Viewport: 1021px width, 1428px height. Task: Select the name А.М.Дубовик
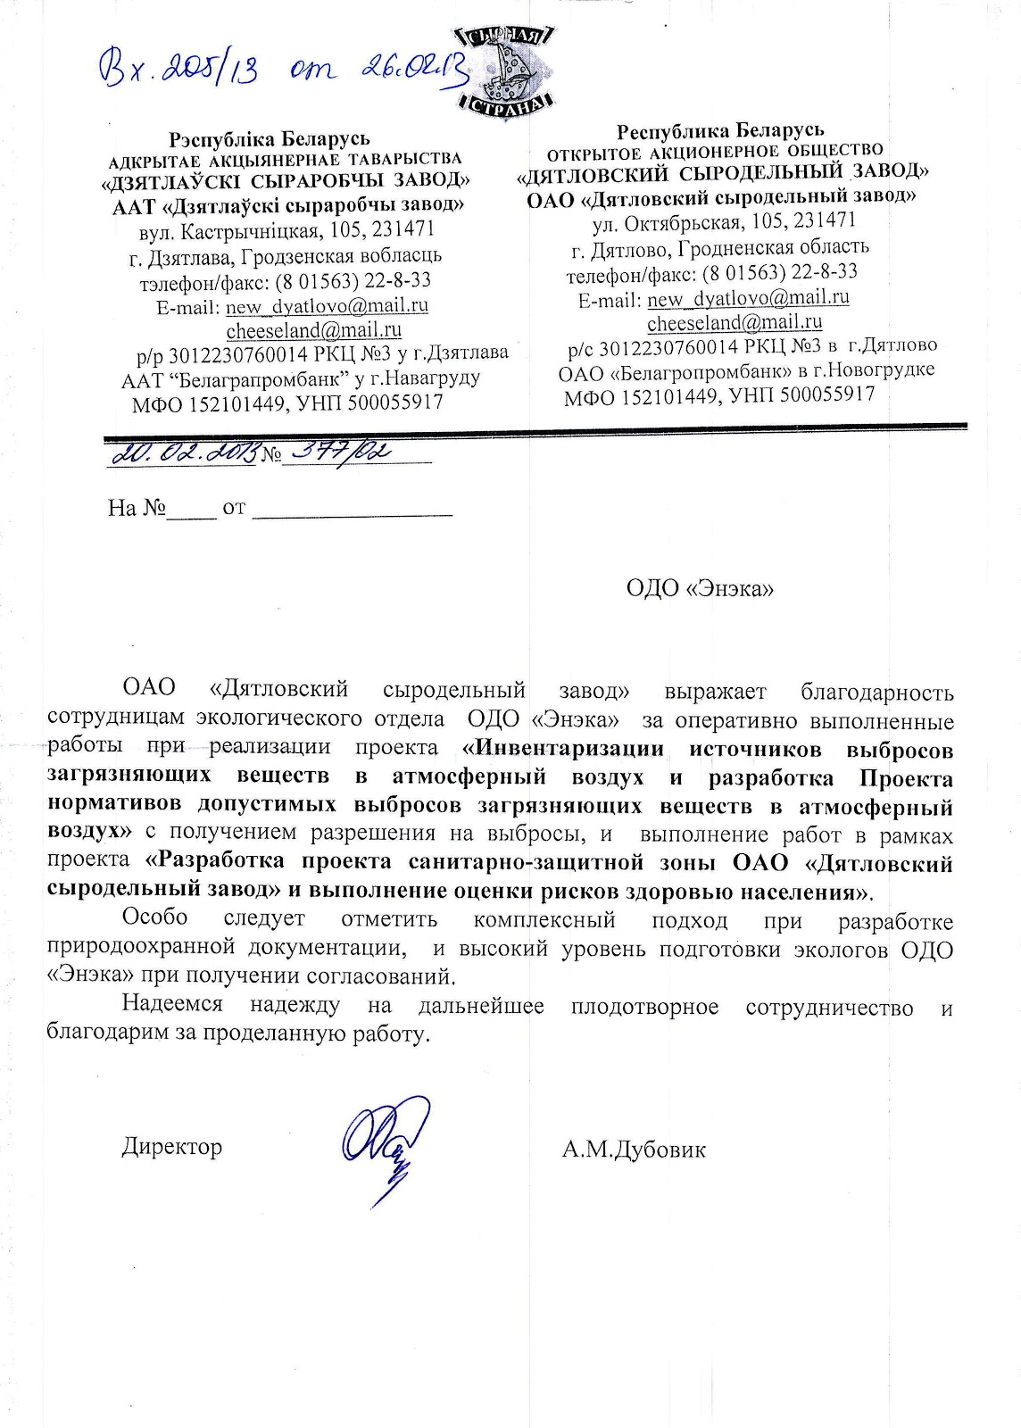[x=634, y=1149]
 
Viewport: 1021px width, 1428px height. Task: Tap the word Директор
[x=172, y=1146]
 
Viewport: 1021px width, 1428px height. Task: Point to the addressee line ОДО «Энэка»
[x=700, y=588]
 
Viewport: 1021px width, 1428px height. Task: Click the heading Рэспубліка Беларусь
[x=270, y=138]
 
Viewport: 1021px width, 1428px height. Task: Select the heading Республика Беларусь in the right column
[x=720, y=131]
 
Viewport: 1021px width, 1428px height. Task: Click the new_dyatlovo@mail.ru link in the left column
[x=327, y=306]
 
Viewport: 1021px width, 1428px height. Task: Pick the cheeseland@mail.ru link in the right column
[x=735, y=322]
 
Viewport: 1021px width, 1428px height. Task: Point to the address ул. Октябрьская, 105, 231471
[x=724, y=220]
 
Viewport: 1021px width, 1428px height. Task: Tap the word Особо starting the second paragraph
[x=155, y=917]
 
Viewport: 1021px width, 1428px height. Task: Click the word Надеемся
[x=172, y=1003]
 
